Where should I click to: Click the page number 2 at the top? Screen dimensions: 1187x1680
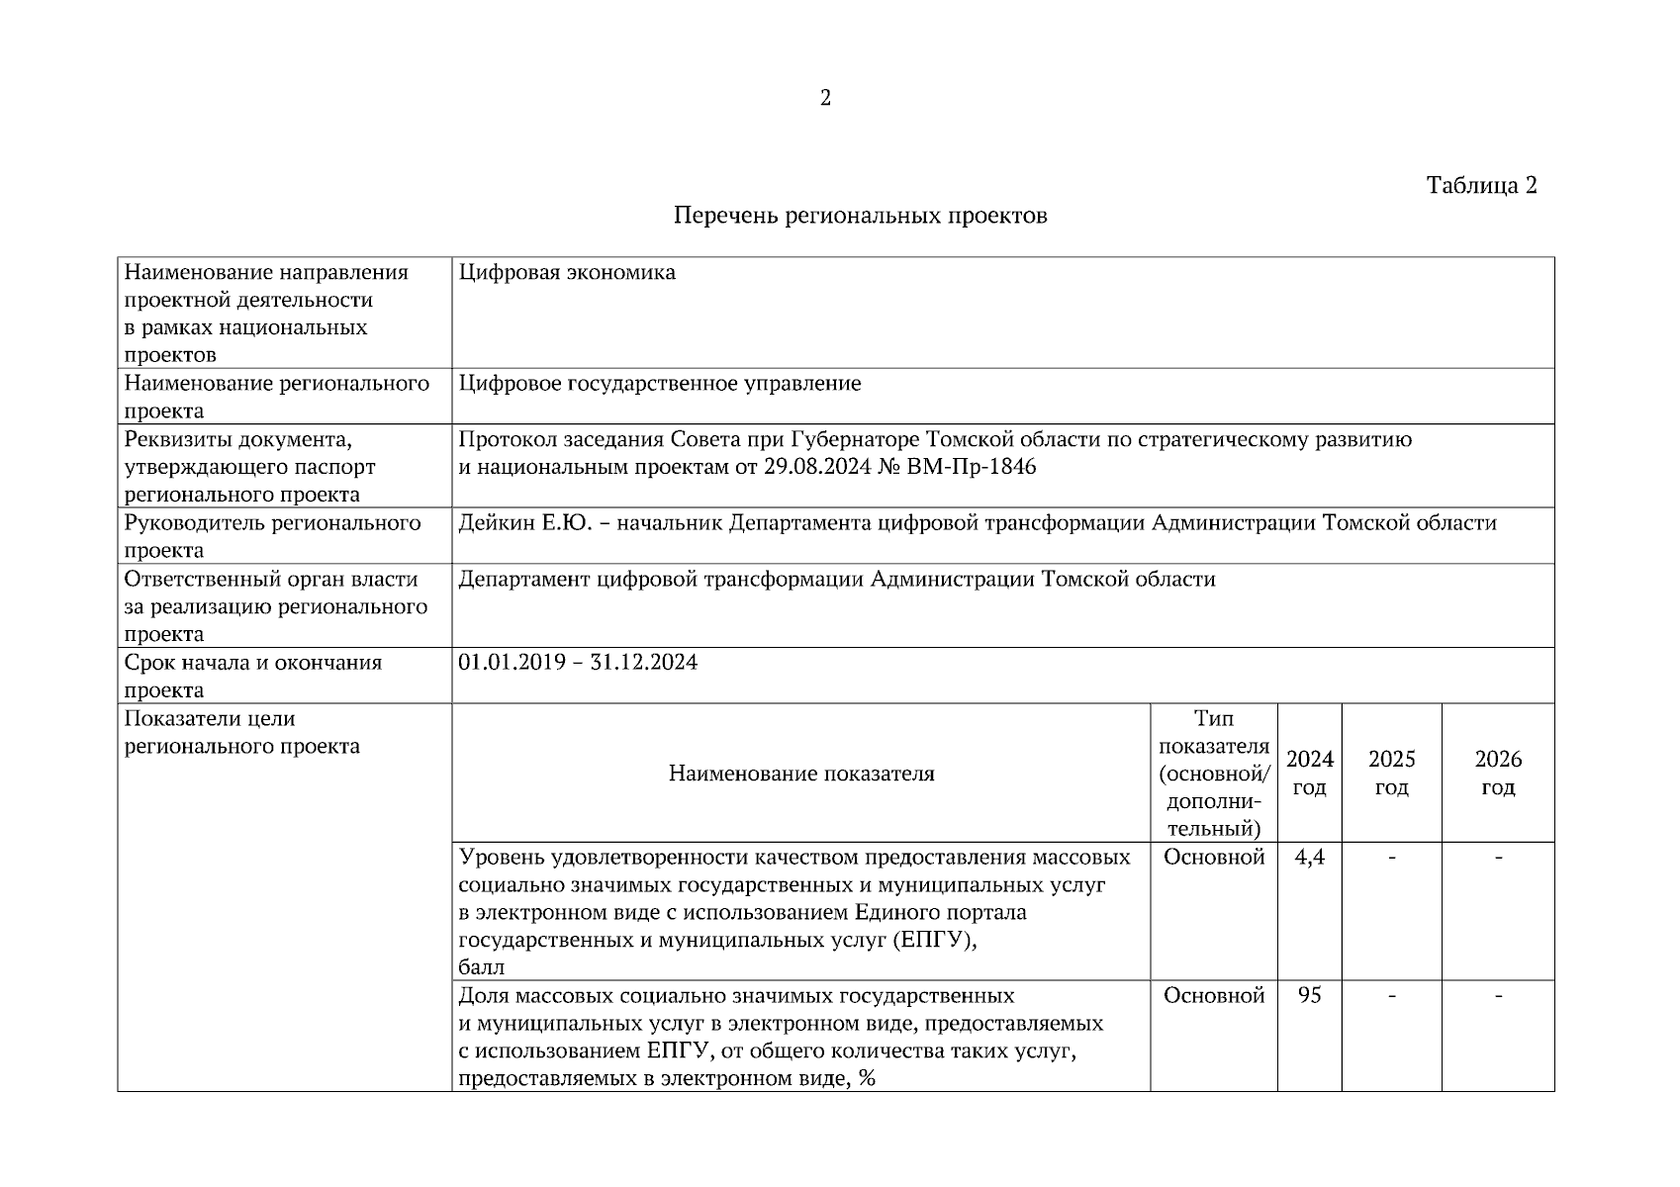click(x=825, y=98)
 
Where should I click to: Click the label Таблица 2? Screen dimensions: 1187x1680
click(x=1481, y=186)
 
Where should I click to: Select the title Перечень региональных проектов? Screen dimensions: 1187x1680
click(x=860, y=216)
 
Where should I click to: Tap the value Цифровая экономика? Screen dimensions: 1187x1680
click(x=567, y=273)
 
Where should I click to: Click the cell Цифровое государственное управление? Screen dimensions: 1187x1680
click(x=660, y=384)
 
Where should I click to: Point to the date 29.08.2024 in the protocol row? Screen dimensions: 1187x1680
click(x=817, y=467)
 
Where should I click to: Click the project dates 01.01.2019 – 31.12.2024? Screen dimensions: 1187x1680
click(x=578, y=663)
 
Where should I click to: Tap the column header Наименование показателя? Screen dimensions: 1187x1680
click(x=801, y=774)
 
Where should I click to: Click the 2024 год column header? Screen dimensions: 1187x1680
click(x=1309, y=774)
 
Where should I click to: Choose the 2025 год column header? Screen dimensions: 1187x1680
click(x=1391, y=774)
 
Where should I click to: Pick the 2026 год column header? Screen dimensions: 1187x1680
click(x=1498, y=774)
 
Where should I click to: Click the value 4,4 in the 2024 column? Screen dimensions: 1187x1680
click(x=1309, y=858)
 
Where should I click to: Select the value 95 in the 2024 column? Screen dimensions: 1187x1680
click(x=1309, y=996)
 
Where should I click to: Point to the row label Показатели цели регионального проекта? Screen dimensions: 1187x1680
click(x=241, y=733)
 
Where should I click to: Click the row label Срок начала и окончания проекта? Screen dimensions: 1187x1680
click(x=252, y=677)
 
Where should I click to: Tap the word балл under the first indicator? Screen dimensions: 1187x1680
click(x=482, y=968)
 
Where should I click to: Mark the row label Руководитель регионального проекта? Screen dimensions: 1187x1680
click(x=272, y=537)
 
